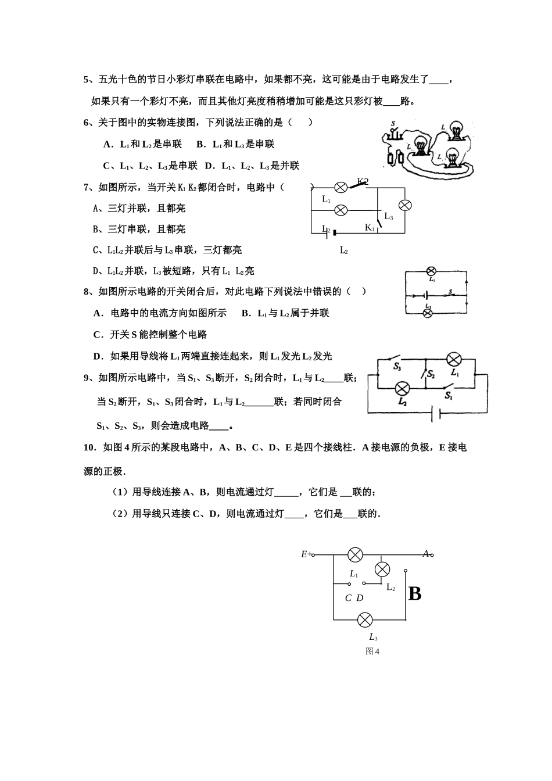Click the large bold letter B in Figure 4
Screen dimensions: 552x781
[415, 593]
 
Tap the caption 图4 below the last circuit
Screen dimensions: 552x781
[372, 651]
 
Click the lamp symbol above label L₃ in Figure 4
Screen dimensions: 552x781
[364, 619]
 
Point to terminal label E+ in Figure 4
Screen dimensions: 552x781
[306, 554]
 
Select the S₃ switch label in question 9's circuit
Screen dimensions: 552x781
[397, 367]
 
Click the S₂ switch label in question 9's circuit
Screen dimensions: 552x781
[431, 375]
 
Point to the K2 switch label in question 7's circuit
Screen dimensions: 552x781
[363, 182]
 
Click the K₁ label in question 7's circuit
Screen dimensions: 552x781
[370, 227]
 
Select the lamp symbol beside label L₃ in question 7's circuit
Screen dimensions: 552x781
[405, 205]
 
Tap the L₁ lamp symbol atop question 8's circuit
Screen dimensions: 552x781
[431, 271]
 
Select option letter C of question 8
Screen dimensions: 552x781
[97, 334]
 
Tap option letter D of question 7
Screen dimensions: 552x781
[96, 271]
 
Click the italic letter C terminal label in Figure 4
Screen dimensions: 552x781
[348, 598]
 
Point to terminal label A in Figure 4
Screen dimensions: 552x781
[426, 554]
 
